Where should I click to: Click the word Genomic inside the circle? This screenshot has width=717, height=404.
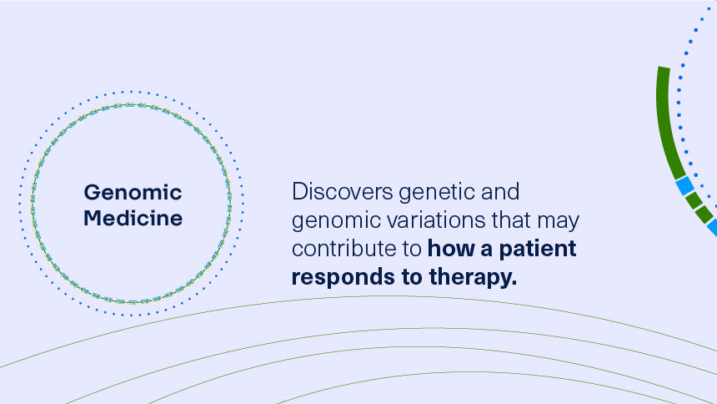point(133,193)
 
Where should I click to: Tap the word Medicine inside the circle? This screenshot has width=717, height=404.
point(133,219)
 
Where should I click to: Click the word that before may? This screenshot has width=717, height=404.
point(513,221)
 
